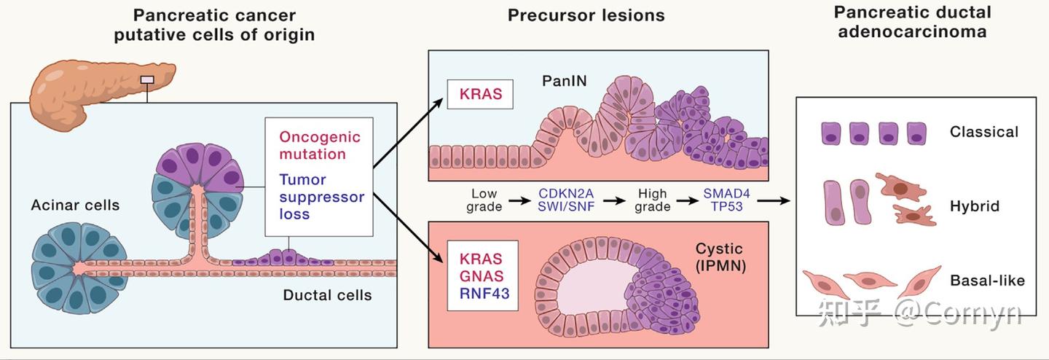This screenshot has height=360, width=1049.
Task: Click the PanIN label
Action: coord(564,81)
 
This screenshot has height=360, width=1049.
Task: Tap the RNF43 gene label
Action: coord(484,294)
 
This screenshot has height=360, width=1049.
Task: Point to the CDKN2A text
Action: coord(566,193)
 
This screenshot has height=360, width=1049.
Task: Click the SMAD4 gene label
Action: coord(726,193)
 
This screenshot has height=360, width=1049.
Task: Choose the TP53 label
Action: coord(726,206)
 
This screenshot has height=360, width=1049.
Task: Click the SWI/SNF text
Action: coord(566,206)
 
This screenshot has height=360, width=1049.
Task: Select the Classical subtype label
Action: coord(984,132)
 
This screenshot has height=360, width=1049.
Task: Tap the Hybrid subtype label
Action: coord(975,206)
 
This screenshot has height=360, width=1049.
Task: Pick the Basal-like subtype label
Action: coord(987,281)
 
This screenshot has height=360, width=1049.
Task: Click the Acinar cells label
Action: coord(76,205)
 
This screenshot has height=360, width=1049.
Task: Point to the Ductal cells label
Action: coord(327,295)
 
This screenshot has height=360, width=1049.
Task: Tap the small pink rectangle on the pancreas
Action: coord(147,79)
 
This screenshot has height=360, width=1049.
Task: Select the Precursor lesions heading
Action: coord(586,15)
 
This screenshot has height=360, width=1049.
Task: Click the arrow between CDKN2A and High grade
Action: coord(614,200)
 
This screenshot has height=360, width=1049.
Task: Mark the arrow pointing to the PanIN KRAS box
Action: coord(408,133)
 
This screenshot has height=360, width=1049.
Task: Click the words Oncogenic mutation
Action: coord(320,145)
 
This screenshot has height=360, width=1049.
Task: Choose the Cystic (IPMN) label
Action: coord(720,257)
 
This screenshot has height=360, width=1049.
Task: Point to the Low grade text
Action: coord(484,200)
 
